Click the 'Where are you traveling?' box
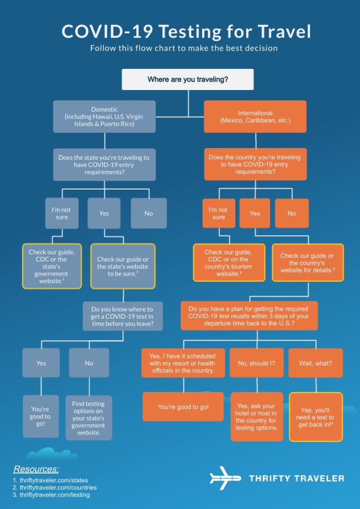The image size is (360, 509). click(187, 80)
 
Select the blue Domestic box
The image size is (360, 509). click(104, 117)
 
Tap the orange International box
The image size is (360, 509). click(255, 117)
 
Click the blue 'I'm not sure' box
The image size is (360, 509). click(61, 213)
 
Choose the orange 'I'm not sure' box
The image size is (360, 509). click(218, 213)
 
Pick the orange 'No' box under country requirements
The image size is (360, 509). click(292, 213)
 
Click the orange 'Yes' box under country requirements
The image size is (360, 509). click(255, 213)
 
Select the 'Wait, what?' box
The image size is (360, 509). click(315, 363)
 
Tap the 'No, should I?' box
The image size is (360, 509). click(256, 363)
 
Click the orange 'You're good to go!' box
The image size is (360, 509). click(183, 407)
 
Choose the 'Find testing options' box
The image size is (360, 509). click(89, 418)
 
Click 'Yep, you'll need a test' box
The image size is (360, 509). click(316, 417)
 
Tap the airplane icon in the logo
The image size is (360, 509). click(225, 478)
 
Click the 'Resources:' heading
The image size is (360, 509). click(36, 469)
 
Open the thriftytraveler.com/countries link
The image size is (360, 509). click(58, 487)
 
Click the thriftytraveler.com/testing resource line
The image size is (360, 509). click(54, 494)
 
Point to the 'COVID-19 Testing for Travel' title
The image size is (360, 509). click(186, 31)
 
